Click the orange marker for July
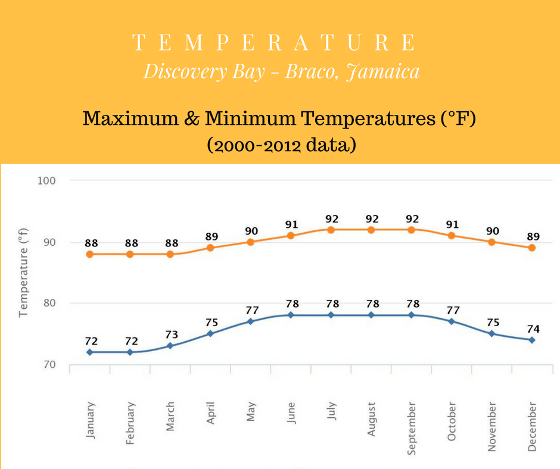pos(331,230)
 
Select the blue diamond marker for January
pos(89,352)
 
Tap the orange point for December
pos(532,248)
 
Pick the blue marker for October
pos(452,321)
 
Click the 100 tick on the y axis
pos(47,180)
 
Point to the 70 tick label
pos(49,364)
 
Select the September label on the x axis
pos(412,429)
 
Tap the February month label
pos(130,423)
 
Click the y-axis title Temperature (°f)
pos(23,273)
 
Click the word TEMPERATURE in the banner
pos(274,42)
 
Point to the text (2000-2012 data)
pos(281,145)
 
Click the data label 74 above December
pos(533,329)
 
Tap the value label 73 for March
pos(172,334)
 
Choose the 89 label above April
pos(211,236)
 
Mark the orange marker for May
pos(251,242)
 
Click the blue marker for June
pos(291,315)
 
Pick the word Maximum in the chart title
pos(130,118)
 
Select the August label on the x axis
pos(371,419)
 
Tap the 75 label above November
pos(493,323)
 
